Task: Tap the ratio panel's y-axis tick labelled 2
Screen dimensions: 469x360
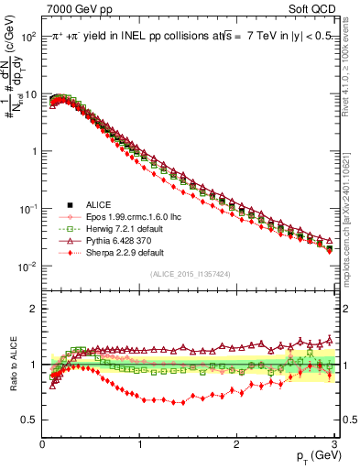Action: [x=32, y=309]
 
